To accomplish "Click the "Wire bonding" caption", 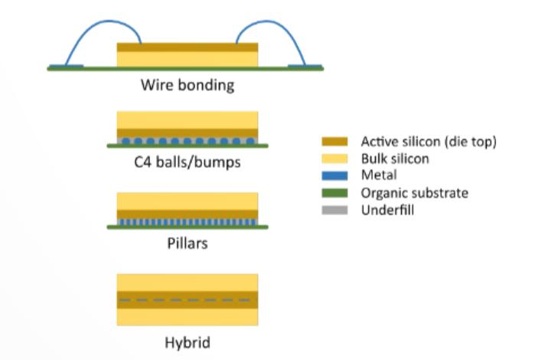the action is pos(188,85).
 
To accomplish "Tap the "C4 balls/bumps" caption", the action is pos(188,162).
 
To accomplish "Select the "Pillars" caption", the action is pos(188,243).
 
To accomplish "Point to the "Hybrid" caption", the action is pos(188,342).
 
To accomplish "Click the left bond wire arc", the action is pos(104,21).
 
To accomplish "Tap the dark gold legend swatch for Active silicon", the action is pos(335,142).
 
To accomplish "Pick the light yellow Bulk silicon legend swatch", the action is pos(335,159).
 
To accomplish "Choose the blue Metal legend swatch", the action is pos(335,175).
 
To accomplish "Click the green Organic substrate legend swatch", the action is pos(335,193).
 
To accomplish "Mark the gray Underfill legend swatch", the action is pos(335,210).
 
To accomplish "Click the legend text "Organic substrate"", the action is pos(414,193).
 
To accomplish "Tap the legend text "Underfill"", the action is pos(387,210).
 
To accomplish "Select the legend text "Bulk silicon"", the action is pos(395,159).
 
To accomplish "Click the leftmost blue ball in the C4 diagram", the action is pos(126,141).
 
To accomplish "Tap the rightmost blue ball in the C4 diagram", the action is pos(250,141).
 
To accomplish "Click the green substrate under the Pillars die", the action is pos(188,227).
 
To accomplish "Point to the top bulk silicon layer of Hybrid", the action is pos(188,283).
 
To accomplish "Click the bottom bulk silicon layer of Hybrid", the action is pos(188,317).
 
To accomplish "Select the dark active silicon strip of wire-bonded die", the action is pos(188,47).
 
